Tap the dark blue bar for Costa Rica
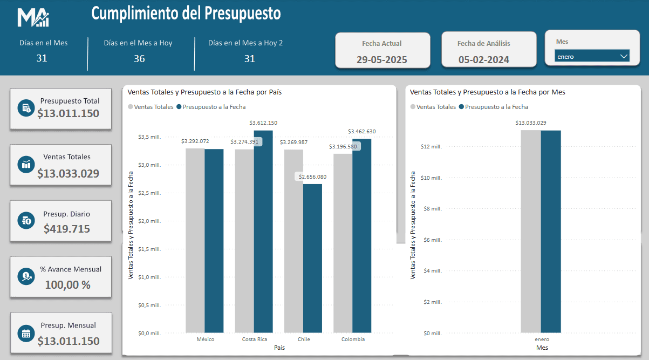(263, 232)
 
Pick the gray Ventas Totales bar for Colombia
(343, 243)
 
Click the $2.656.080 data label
(311, 177)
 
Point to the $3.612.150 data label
(263, 123)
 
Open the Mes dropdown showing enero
(592, 56)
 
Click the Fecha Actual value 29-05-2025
(382, 60)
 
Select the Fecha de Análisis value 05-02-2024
(484, 60)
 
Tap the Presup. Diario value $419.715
(67, 229)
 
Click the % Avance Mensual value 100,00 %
(67, 285)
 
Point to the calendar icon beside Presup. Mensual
(26, 333)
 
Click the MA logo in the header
(33, 18)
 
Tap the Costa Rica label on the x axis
(255, 339)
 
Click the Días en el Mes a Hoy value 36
(139, 59)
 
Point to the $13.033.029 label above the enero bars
(531, 123)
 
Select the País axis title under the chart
(279, 348)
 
